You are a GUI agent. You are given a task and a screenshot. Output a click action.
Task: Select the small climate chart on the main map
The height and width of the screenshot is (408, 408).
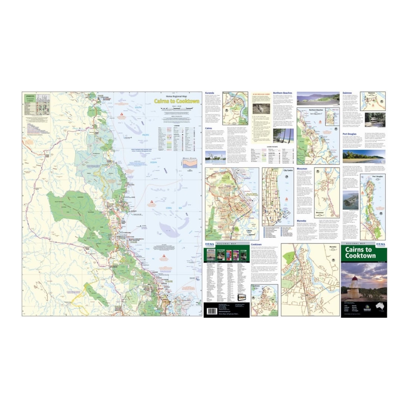coord(190,163)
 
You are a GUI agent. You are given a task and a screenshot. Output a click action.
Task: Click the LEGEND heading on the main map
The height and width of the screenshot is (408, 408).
coord(177,125)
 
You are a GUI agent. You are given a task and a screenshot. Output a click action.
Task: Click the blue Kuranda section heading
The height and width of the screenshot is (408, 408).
coord(210,93)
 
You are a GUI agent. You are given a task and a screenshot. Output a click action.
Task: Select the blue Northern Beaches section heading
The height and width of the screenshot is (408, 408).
coord(282,93)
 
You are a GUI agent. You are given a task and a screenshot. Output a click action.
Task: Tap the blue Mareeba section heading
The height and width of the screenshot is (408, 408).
coord(301,221)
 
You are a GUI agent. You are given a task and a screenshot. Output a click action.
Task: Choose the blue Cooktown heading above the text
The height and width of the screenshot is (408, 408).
coord(256,245)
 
